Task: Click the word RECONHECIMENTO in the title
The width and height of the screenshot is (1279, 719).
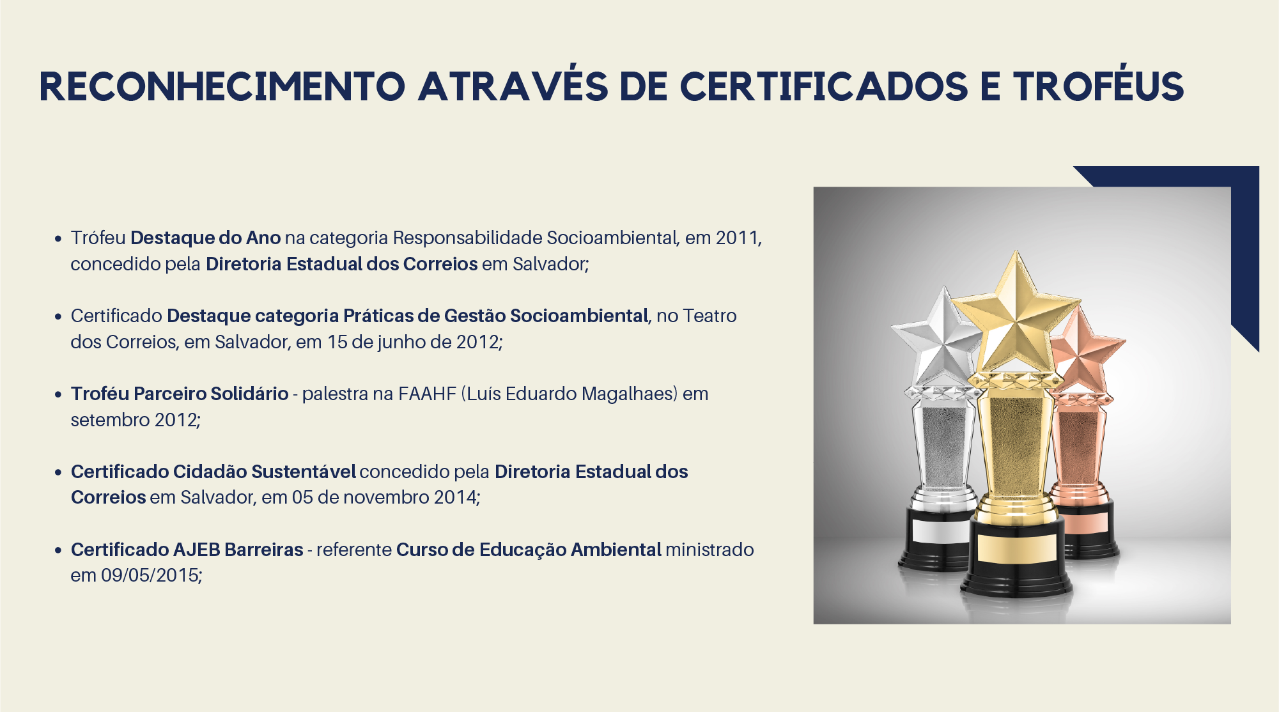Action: (x=222, y=86)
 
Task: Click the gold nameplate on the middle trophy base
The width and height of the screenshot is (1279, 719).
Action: (x=1016, y=548)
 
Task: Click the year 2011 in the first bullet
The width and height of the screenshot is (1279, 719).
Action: (x=736, y=238)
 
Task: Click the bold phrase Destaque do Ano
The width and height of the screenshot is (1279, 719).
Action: (x=206, y=238)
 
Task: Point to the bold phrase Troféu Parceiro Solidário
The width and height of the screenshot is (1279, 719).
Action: (x=180, y=394)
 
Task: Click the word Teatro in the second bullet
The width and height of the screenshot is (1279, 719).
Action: (x=709, y=316)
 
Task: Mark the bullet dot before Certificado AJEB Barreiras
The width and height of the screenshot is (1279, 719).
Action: (x=58, y=550)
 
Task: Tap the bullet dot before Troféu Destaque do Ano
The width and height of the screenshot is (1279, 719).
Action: (x=58, y=238)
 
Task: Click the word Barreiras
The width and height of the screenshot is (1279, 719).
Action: (x=264, y=550)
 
